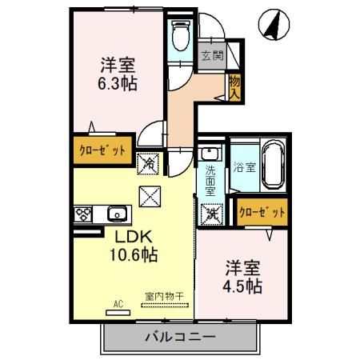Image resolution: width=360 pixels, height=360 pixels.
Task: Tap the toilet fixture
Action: (181, 33)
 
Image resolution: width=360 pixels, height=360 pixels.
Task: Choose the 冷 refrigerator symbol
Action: (150, 163)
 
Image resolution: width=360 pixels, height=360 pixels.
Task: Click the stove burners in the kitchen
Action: (85, 214)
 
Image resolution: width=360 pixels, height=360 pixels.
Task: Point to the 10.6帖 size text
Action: (132, 256)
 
